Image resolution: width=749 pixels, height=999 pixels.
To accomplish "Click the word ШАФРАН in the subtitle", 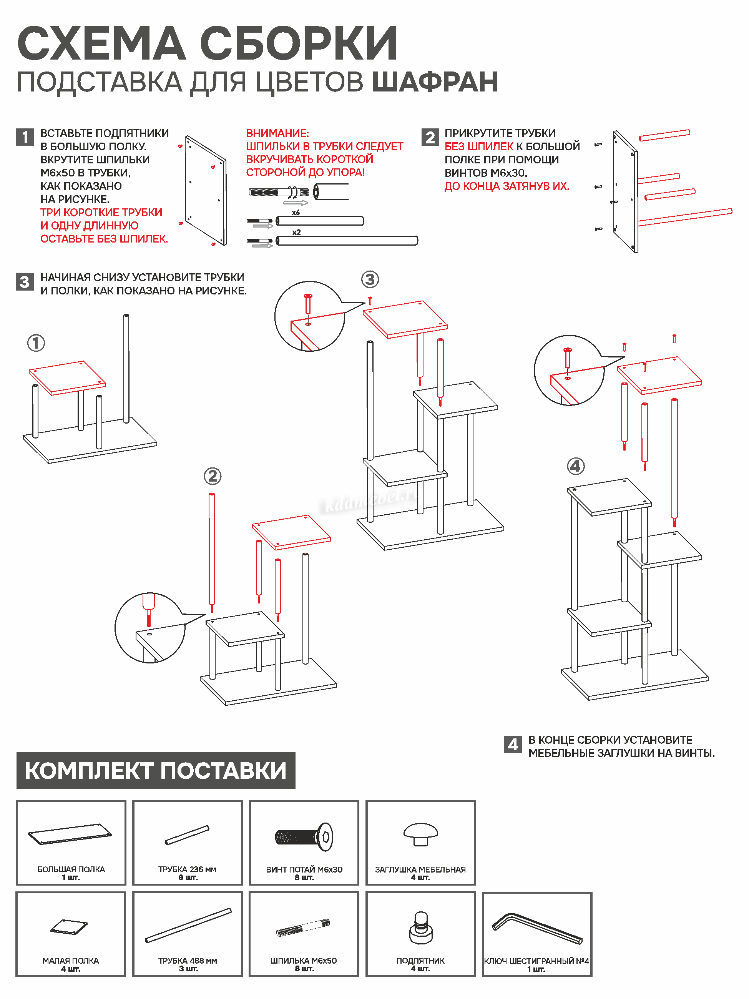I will pyautogui.click(x=434, y=82).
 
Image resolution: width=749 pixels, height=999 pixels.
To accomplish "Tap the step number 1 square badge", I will pyautogui.click(x=25, y=137).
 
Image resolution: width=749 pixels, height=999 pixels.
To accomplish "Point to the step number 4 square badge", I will pyautogui.click(x=512, y=744).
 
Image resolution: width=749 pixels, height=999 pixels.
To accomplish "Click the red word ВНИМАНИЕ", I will pyautogui.click(x=277, y=133).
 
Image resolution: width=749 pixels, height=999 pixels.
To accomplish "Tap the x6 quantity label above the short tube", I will pyautogui.click(x=296, y=212).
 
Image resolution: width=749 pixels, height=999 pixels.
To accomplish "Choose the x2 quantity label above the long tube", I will pyautogui.click(x=296, y=232).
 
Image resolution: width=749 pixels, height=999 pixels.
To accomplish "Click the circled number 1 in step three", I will pyautogui.click(x=36, y=343).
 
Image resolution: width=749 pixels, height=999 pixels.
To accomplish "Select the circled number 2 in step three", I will pyautogui.click(x=213, y=476).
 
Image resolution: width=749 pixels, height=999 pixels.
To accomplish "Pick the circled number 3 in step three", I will pyautogui.click(x=370, y=279).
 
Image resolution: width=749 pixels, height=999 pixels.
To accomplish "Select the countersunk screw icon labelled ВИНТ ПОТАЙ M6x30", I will pyautogui.click(x=304, y=837).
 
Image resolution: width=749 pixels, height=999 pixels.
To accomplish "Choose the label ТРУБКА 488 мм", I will pyautogui.click(x=188, y=961).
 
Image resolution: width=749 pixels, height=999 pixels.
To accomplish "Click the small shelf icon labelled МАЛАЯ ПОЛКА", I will pyautogui.click(x=69, y=927).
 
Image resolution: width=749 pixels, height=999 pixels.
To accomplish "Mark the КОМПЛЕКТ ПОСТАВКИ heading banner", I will pyautogui.click(x=156, y=770).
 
